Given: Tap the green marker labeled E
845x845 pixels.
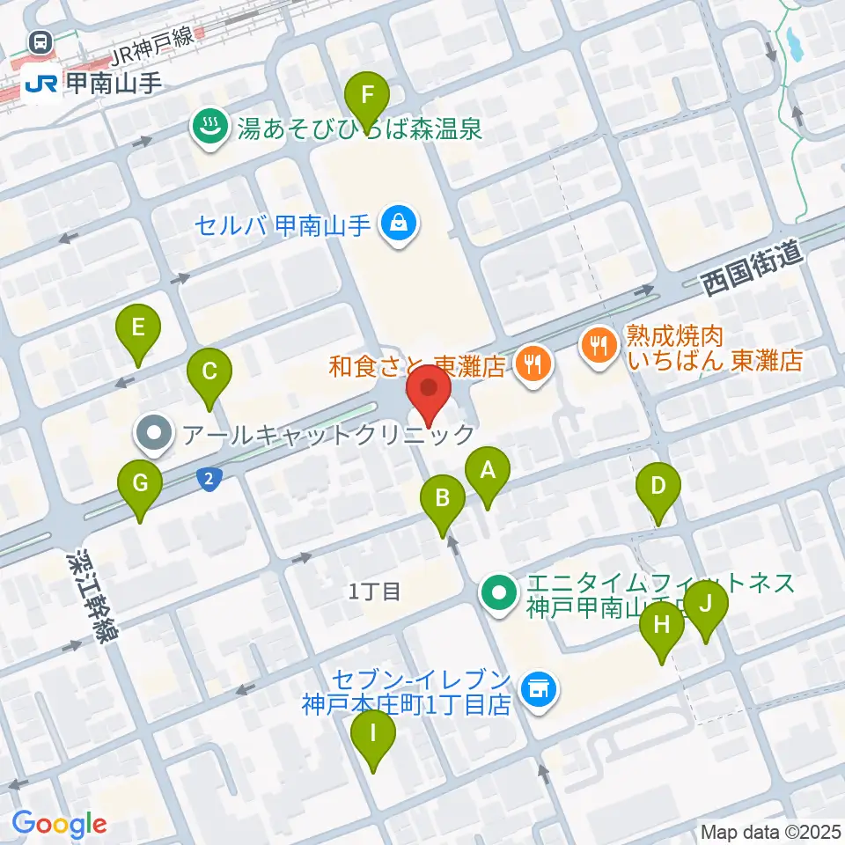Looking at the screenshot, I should pyautogui.click(x=138, y=329).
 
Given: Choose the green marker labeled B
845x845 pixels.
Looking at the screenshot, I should pyautogui.click(x=443, y=499).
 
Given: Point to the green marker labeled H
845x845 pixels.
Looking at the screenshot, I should pyautogui.click(x=662, y=627).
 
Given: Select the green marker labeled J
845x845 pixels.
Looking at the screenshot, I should pyautogui.click(x=706, y=606).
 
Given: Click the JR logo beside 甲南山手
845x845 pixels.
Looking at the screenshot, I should pyautogui.click(x=41, y=84).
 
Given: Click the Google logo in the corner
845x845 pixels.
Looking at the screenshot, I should pyautogui.click(x=59, y=824).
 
